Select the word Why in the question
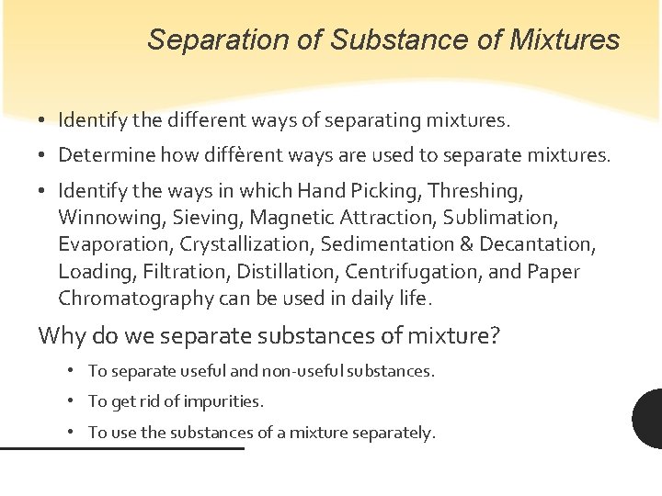(62, 336)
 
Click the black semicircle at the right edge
(649, 418)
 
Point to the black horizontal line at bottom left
(121, 448)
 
